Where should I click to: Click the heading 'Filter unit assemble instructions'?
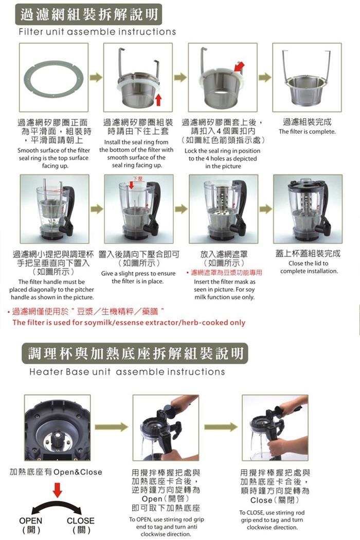tap(97, 32)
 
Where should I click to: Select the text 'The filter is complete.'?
tap(307, 132)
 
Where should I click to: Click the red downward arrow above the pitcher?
tap(131, 185)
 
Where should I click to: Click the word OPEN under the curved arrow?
tap(31, 520)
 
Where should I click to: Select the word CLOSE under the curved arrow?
tap(80, 520)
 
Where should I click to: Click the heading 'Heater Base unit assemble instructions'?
tap(127, 372)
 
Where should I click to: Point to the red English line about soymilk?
tap(129, 322)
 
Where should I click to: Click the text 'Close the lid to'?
tap(309, 263)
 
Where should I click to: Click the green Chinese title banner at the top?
tap(88, 14)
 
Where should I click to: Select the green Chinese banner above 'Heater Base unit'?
tap(135, 353)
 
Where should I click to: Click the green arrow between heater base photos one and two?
tap(111, 427)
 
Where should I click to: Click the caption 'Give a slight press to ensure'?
tap(138, 274)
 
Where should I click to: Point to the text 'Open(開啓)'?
tap(166, 499)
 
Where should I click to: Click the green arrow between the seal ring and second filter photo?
tap(96, 77)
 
